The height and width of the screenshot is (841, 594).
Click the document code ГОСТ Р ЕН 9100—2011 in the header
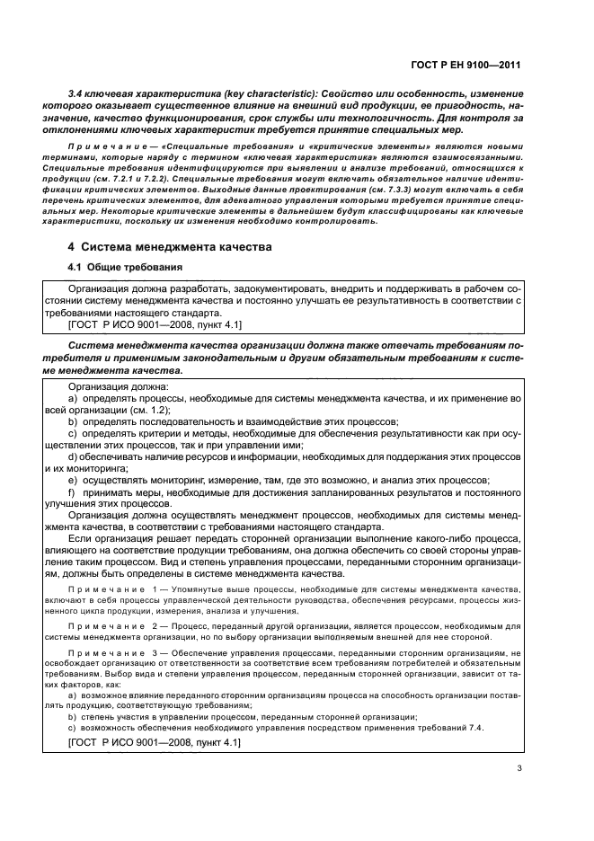click(466, 65)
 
